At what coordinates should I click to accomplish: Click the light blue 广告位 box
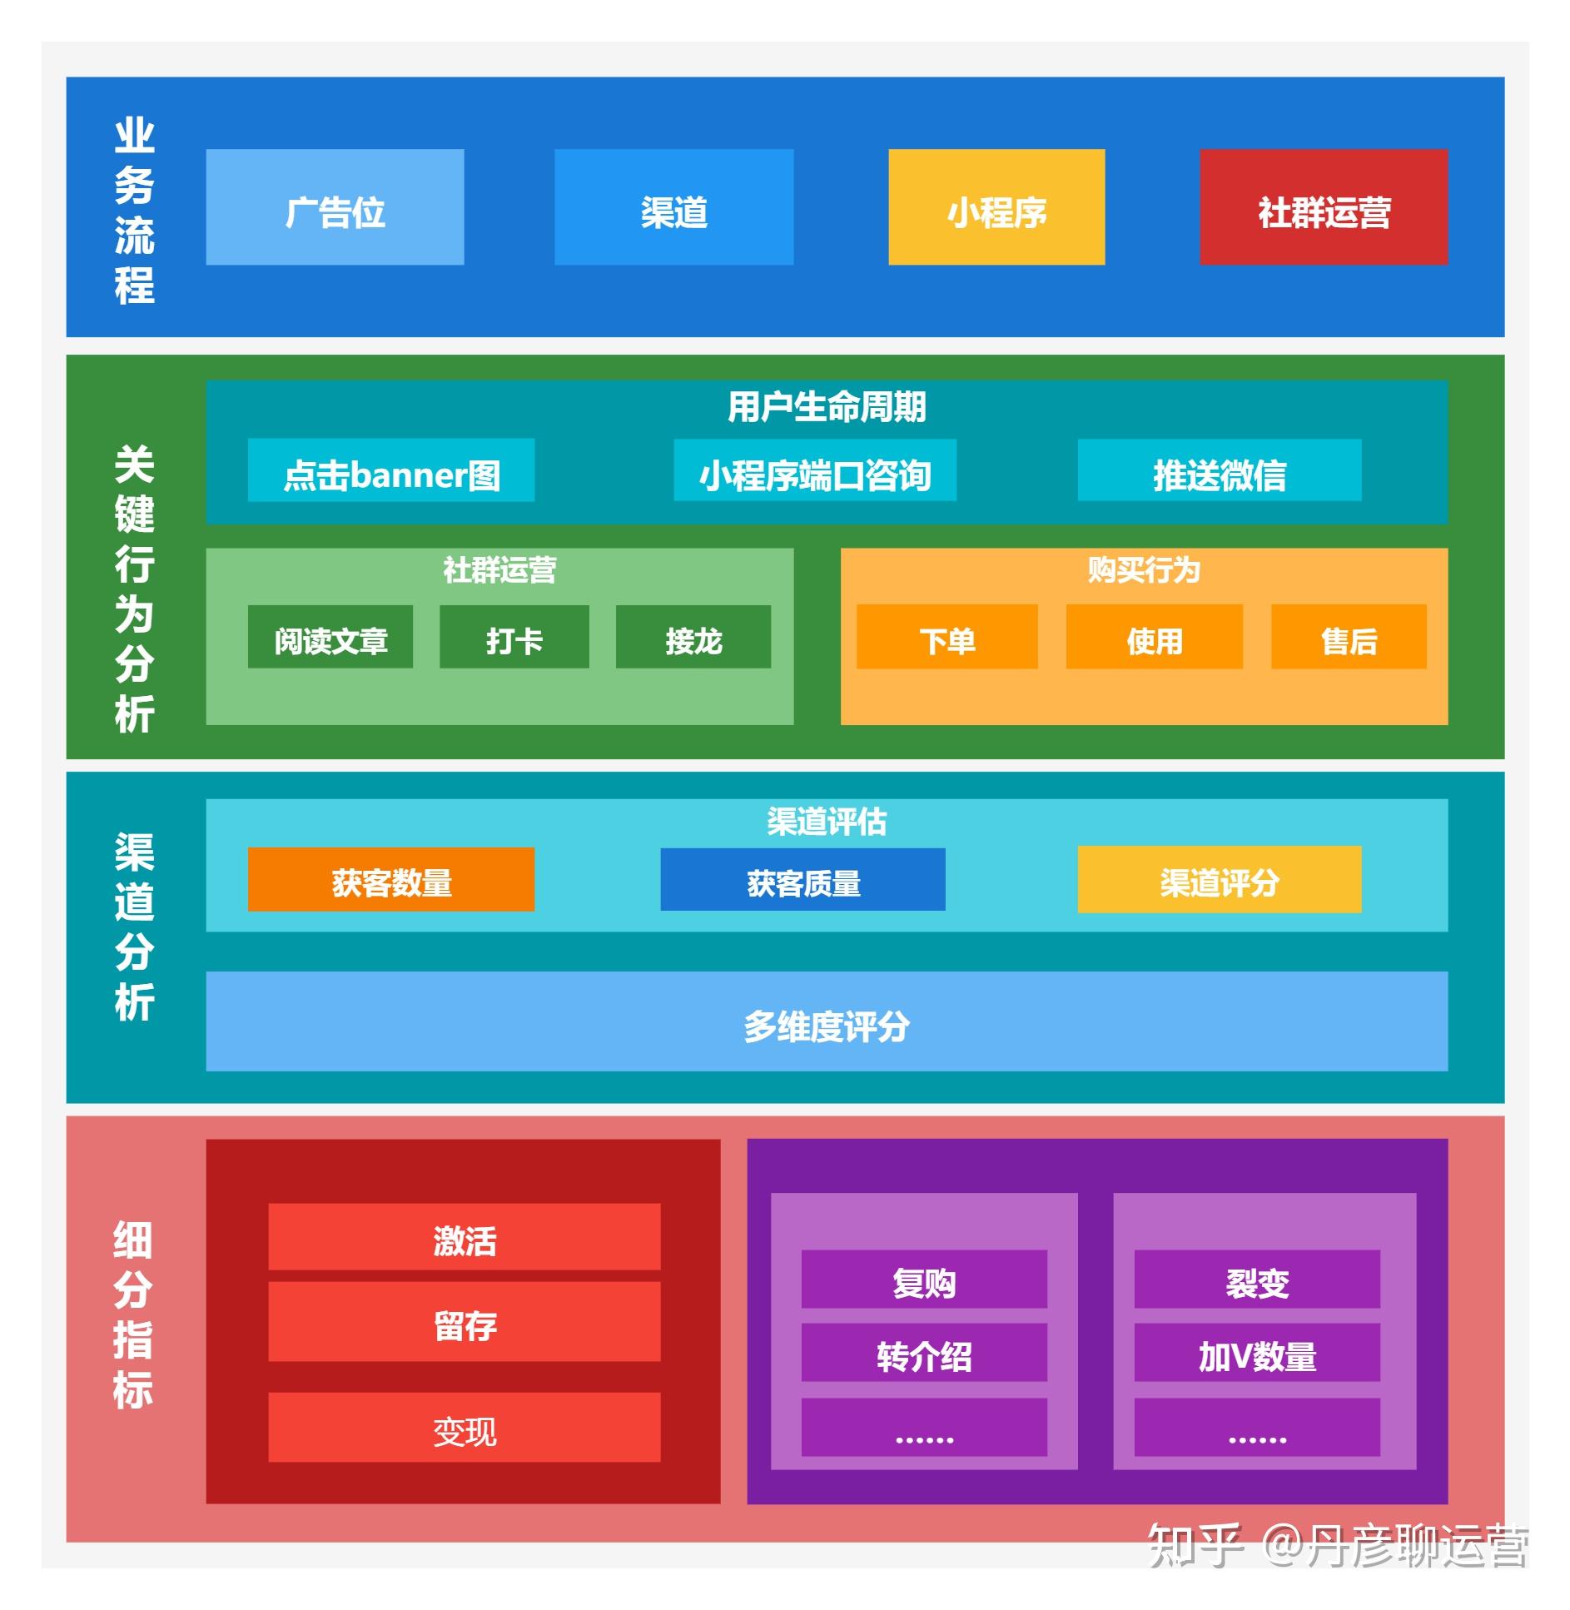tap(335, 207)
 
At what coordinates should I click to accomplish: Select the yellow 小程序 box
tap(996, 207)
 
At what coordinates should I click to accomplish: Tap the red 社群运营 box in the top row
tap(1323, 207)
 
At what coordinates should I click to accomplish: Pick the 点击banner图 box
tap(390, 470)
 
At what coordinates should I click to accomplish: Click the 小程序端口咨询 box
tap(814, 470)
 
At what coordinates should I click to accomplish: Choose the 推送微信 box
tap(1219, 470)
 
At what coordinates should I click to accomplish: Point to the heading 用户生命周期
tap(826, 407)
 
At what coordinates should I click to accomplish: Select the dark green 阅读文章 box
tap(330, 637)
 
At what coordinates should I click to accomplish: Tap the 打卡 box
tap(514, 637)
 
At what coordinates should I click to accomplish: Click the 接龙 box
tap(693, 637)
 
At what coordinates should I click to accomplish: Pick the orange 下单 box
tap(946, 637)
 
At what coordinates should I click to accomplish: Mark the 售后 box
tap(1348, 637)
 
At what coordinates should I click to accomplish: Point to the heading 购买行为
tap(1143, 570)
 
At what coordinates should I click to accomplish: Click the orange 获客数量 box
tap(390, 879)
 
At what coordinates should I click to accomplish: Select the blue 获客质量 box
tap(802, 879)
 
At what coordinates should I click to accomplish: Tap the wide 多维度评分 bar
tap(826, 1021)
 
